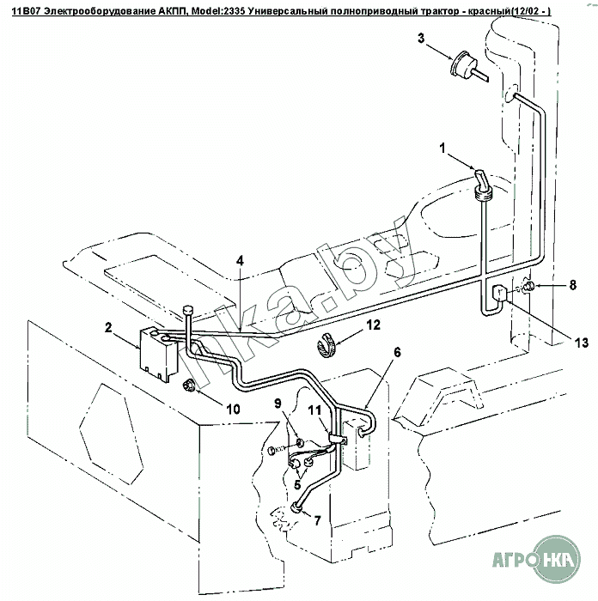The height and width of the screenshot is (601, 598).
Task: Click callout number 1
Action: (x=444, y=148)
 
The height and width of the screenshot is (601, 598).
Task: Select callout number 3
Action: (x=421, y=38)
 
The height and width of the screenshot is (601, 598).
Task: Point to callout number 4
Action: (x=241, y=260)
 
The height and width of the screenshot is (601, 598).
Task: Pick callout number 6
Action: (x=397, y=352)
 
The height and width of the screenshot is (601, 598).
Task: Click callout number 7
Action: (x=317, y=520)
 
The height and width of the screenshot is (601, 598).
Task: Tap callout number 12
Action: (x=373, y=325)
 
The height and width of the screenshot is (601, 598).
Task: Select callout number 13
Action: (x=582, y=343)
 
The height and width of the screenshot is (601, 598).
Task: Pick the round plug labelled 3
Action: (x=465, y=68)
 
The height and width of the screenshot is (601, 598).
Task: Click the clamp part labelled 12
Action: (x=326, y=343)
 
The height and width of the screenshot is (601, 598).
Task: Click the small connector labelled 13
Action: (x=499, y=295)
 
